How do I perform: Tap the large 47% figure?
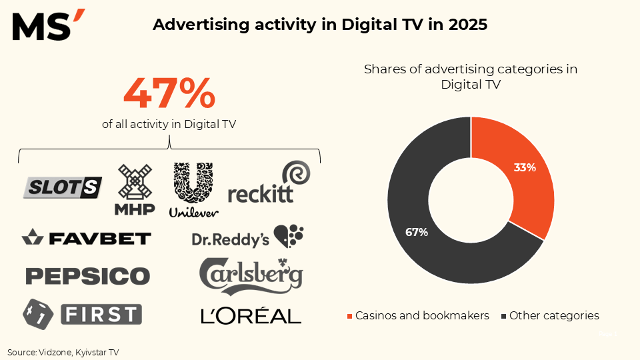pos(169,94)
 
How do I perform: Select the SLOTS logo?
pos(63,188)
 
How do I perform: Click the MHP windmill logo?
pos(135,190)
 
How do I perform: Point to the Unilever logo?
pos(193,189)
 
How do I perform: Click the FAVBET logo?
pos(87,237)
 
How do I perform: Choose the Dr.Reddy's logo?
pos(247,237)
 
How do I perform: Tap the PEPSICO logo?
pos(87,275)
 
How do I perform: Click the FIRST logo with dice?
pos(82,313)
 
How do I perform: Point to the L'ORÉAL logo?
pos(251,315)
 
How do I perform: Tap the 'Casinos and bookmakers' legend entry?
pos(418,315)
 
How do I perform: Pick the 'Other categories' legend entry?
pos(550,315)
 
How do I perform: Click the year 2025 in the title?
pos(467,25)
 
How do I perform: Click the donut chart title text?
pos(471,77)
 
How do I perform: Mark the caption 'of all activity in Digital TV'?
pos(169,123)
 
